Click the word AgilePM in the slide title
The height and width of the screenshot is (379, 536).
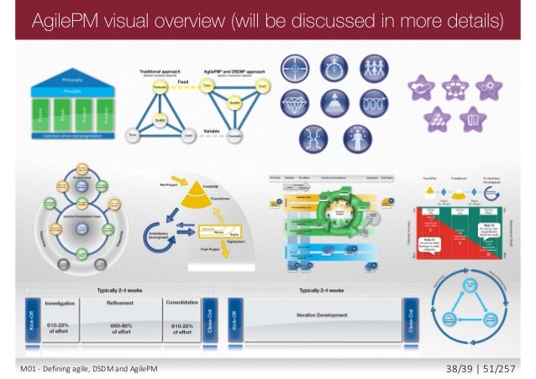(68, 19)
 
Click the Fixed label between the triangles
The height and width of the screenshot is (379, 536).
(180, 82)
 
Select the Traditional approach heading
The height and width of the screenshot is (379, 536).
(163, 72)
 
